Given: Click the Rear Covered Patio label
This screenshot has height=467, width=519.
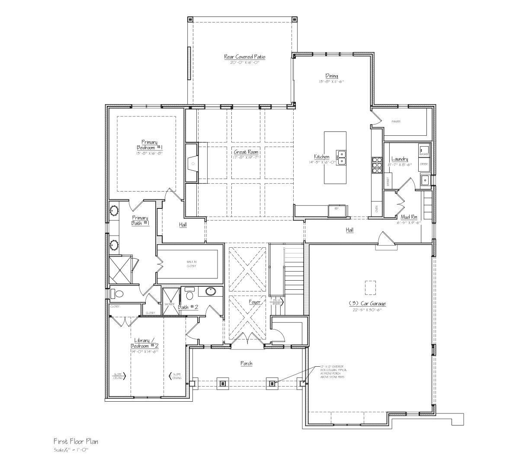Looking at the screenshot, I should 244,57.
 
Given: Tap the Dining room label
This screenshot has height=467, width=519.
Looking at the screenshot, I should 331,76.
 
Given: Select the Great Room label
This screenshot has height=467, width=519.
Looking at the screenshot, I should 246,152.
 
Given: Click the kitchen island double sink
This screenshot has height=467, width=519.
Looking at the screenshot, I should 341,158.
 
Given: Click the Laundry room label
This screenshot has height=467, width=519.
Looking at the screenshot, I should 399,159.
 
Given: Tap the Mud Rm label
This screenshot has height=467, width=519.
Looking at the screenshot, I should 408,217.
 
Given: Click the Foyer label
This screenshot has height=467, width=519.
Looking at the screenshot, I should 255,302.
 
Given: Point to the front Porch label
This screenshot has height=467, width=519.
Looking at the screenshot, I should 246,364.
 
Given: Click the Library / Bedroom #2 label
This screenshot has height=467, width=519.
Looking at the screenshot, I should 144,343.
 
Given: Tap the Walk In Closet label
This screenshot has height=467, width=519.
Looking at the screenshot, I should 191,264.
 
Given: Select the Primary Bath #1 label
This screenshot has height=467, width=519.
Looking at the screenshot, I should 140,221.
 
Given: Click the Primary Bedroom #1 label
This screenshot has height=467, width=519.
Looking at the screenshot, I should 149,144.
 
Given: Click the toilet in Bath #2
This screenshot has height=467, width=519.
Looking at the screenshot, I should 189,296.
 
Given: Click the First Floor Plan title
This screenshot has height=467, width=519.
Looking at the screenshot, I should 76,441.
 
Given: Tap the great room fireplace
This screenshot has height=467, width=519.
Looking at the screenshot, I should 192,163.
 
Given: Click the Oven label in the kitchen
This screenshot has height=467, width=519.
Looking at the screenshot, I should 377,210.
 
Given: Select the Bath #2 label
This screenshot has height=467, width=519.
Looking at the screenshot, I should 188,307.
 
